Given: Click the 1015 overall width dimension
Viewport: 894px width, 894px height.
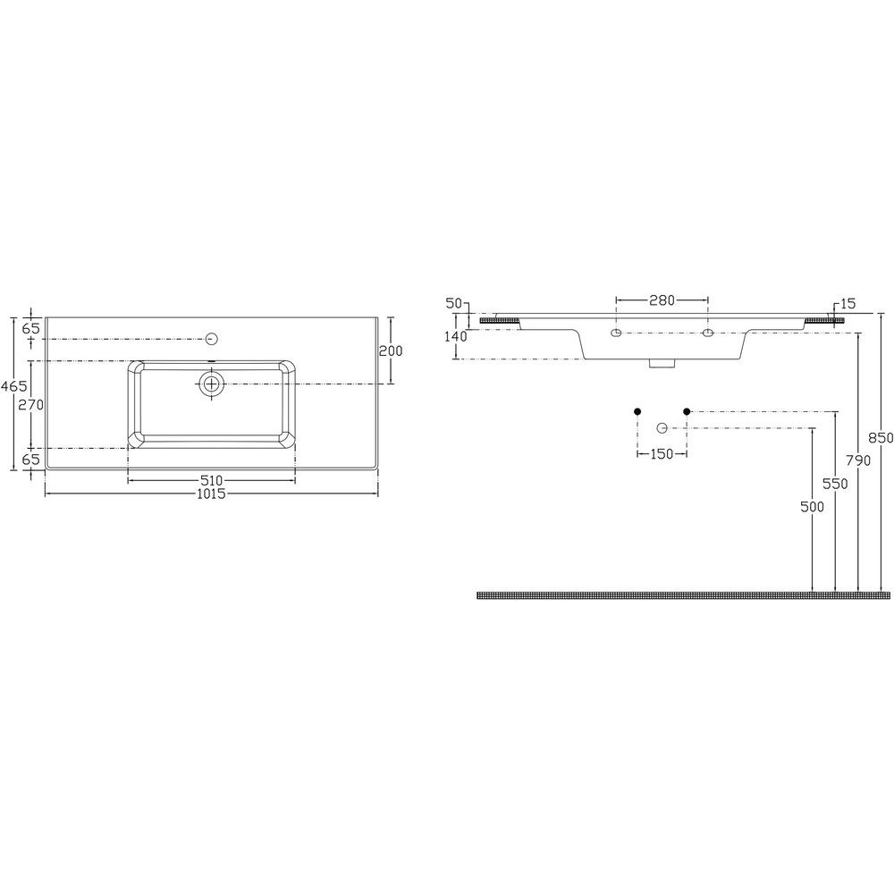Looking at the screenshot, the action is coord(211,493).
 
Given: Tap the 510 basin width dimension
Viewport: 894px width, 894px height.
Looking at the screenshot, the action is coord(211,481).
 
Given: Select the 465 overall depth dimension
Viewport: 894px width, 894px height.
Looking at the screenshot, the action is coord(13,386).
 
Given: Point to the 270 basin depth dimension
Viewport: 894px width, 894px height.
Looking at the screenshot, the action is coord(30,405).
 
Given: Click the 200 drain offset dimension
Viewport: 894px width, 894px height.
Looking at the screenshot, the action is coord(391,350).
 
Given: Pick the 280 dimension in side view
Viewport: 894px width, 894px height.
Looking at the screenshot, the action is coord(662,299).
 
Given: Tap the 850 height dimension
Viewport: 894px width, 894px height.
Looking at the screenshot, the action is coord(881,438).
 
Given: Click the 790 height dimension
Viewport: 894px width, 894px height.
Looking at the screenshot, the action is coord(858,460).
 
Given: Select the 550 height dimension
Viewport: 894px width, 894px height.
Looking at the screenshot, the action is coord(835,484).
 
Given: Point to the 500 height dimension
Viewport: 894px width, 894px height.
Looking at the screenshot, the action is coord(812,506).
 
